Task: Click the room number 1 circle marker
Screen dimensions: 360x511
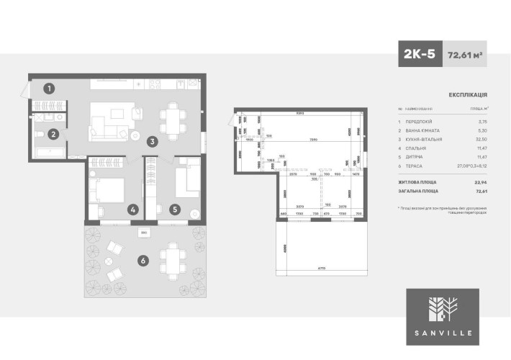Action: pos(49,89)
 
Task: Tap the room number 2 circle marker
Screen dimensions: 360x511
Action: pos(53,133)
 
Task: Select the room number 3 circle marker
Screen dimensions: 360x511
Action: pos(153,142)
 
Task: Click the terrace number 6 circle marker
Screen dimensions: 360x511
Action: pos(143,261)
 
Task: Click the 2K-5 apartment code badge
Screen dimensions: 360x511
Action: pos(419,54)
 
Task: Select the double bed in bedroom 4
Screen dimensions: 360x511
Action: pos(107,191)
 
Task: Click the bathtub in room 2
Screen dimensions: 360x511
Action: pos(50,151)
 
